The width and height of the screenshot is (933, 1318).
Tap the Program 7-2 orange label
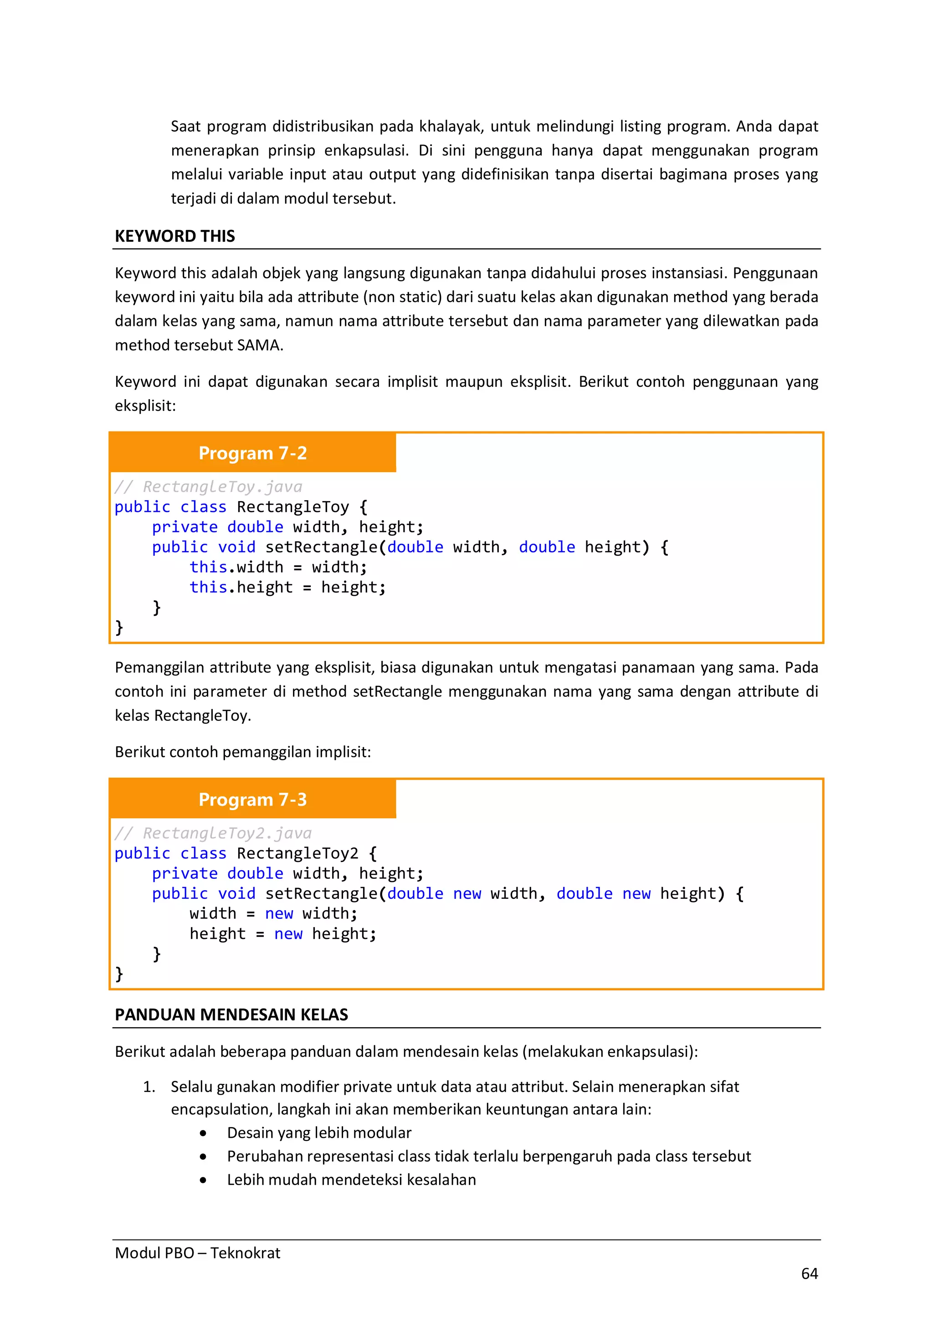(252, 453)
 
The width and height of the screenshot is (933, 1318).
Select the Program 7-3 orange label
(252, 799)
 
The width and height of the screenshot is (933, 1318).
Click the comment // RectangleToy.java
(208, 487)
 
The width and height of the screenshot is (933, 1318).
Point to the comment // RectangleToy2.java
(213, 833)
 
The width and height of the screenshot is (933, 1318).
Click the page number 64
(809, 1273)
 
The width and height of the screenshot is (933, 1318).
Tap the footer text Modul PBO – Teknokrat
(197, 1252)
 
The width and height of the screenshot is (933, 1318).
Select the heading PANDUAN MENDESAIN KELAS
(231, 1014)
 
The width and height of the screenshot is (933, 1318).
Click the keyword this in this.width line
(208, 567)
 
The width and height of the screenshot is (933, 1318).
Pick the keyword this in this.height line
(208, 587)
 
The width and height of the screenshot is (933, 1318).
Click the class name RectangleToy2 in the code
(297, 854)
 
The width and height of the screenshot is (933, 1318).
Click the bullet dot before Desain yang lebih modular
(203, 1133)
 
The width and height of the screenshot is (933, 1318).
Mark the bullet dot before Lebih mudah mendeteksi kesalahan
(203, 1180)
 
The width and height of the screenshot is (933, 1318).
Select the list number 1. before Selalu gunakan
(149, 1087)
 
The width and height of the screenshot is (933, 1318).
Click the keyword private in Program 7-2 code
(185, 527)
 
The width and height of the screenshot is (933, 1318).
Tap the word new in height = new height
(288, 934)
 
